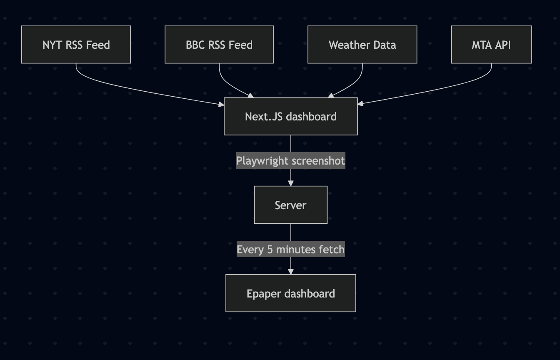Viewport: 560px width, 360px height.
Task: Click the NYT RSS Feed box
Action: point(76,45)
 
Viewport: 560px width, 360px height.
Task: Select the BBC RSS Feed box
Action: point(219,45)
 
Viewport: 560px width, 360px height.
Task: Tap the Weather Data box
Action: point(362,45)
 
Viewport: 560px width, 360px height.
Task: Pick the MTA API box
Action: point(491,45)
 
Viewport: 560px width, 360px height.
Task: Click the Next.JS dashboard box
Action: point(290,117)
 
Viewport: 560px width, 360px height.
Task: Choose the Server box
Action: point(290,205)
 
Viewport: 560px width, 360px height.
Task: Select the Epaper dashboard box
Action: point(290,293)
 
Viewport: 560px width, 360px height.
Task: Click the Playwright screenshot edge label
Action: point(290,160)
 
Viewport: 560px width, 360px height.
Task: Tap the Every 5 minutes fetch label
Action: point(290,250)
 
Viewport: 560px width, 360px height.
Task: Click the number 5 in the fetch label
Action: point(270,250)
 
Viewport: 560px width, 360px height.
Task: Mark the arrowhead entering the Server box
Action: point(291,183)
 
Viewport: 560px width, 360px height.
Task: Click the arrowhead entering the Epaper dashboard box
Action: point(291,271)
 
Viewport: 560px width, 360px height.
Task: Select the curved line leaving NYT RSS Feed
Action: point(125,87)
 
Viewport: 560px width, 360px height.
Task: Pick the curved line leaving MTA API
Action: point(442,87)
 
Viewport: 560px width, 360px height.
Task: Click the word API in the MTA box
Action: point(503,45)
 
